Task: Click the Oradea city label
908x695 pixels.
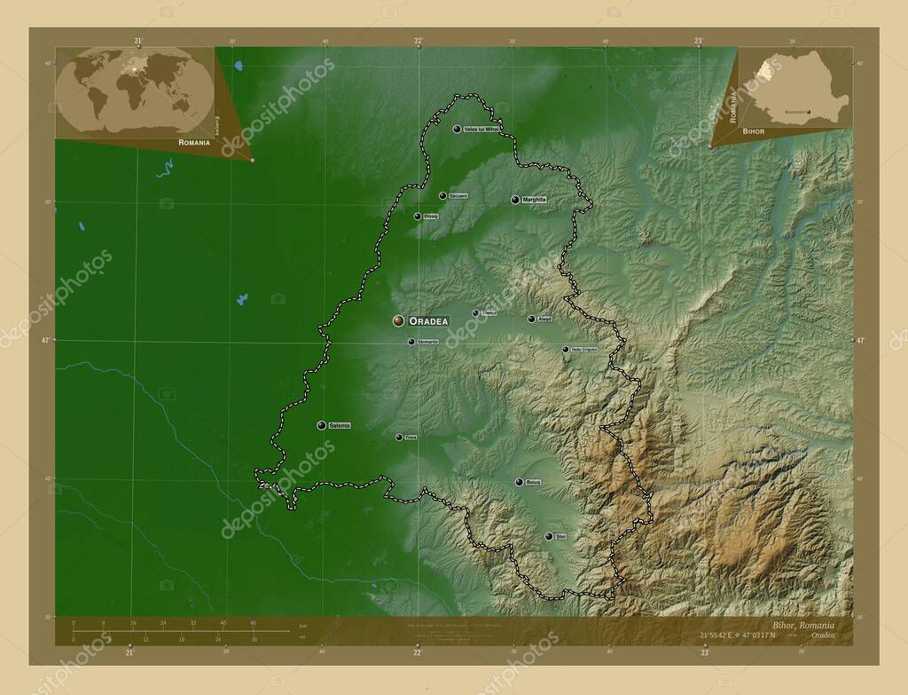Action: tap(428, 320)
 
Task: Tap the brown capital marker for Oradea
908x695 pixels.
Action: tap(399, 320)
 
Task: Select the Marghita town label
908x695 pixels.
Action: tap(534, 200)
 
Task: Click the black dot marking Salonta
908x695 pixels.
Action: tap(321, 425)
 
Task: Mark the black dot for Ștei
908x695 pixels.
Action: tap(549, 536)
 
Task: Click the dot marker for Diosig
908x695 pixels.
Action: tap(418, 216)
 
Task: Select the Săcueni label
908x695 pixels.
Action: tap(458, 195)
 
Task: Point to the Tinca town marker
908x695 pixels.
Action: tap(399, 437)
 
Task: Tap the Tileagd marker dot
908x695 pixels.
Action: tap(475, 312)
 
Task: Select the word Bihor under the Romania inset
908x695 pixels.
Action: tap(753, 130)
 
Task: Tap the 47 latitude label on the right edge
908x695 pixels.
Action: tap(858, 340)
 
